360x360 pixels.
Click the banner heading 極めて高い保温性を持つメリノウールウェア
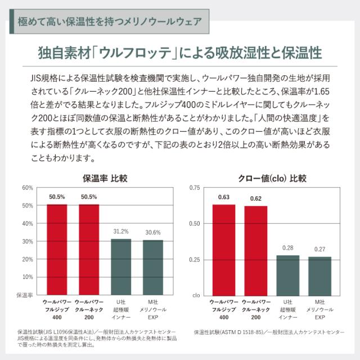pos(109,22)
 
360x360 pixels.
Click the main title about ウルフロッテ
pos(180,53)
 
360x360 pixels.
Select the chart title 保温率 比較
pos(105,179)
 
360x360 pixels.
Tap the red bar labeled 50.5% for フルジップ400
pos(57,250)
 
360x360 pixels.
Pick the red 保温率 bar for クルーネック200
pos(89,250)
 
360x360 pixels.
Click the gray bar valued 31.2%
pos(121,267)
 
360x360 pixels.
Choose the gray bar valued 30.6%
pos(153,267)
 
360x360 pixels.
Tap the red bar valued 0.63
pos(223,250)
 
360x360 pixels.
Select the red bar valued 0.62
pos(255,250)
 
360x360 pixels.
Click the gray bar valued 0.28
pos(287,275)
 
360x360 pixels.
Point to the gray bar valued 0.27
pos(319,276)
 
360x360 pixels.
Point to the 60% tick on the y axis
pos(26,187)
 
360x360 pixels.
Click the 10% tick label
pos(26,277)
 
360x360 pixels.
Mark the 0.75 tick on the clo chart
pos(193,187)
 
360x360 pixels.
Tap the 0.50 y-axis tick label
pos(193,223)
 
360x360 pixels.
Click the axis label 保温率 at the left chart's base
pos(25,295)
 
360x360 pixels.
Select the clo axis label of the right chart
pos(196,295)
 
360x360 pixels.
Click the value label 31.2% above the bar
pos(121,232)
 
